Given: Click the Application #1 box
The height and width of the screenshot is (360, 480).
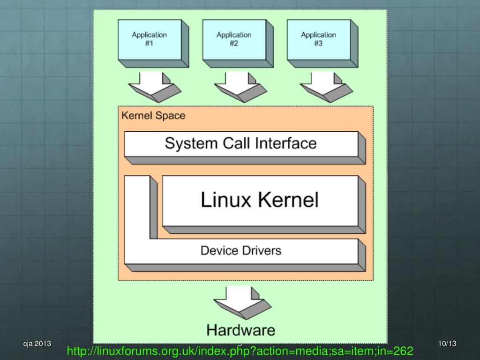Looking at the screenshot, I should [x=149, y=39].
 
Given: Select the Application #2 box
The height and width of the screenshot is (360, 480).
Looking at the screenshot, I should [x=233, y=39].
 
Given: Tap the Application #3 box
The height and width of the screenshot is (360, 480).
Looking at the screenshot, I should [x=318, y=39].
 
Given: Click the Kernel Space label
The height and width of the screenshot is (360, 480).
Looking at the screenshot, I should [x=153, y=115].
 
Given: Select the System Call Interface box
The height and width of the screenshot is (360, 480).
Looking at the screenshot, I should [x=240, y=143].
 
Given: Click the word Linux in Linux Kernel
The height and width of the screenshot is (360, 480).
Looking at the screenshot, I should [x=224, y=200].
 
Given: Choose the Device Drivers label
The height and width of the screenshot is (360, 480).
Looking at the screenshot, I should [x=240, y=250].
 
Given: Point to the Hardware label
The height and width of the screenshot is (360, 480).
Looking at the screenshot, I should [x=240, y=330].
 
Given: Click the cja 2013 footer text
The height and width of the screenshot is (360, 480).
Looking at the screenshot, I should [x=37, y=344].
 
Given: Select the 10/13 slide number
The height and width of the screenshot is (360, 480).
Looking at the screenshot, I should [x=447, y=344].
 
